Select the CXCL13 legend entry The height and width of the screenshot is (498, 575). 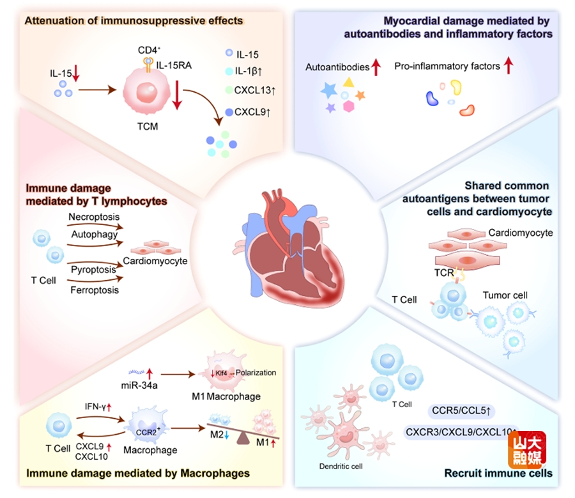(x=256, y=91)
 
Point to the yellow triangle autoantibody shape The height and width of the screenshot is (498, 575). (x=348, y=82)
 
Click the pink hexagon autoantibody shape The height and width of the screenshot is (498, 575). (x=348, y=106)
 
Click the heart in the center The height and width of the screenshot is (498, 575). (x=287, y=249)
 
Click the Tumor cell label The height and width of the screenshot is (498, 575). (x=505, y=295)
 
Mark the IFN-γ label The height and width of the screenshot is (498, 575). (x=99, y=406)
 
